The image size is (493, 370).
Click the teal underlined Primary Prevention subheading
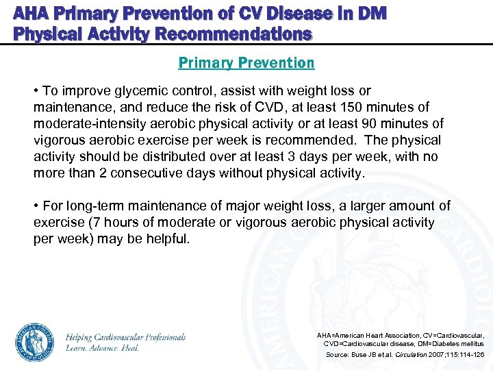246,63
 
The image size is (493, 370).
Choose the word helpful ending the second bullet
168,239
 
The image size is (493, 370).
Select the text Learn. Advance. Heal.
103,348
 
